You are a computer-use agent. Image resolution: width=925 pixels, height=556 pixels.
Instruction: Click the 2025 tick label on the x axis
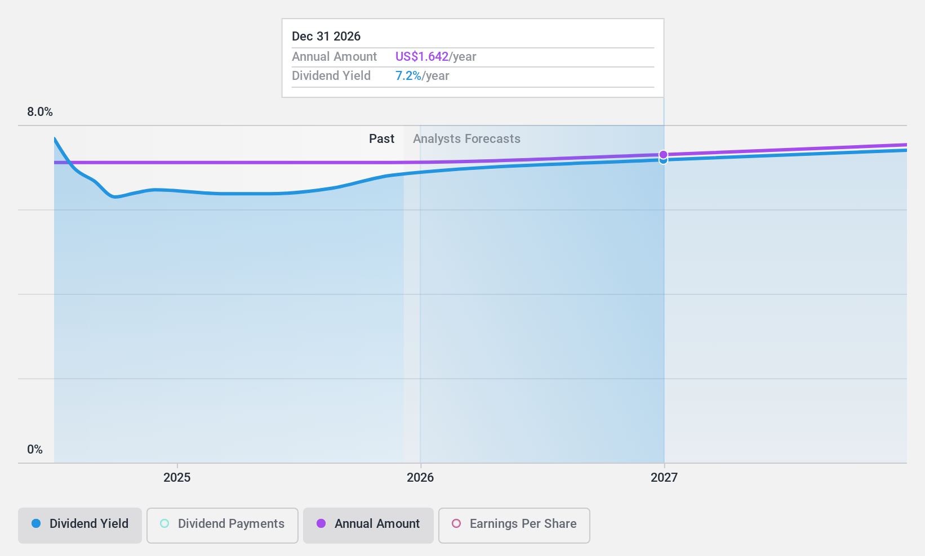[177, 477]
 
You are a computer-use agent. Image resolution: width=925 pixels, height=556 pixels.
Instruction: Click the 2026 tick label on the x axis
[420, 477]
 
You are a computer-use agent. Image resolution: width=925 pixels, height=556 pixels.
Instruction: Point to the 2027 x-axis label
[664, 477]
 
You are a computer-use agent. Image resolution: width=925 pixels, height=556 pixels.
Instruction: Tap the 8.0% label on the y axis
[40, 111]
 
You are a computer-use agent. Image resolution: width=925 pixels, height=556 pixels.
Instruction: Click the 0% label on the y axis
[35, 449]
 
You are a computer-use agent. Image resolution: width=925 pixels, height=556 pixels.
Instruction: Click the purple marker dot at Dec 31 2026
[664, 154]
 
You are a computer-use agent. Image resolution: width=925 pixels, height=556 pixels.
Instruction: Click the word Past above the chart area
[381, 138]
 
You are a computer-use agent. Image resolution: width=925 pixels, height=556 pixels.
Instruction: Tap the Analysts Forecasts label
[466, 138]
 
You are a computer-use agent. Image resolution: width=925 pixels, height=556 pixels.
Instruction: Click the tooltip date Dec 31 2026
[326, 36]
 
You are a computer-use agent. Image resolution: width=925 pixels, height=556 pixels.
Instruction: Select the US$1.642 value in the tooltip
[422, 56]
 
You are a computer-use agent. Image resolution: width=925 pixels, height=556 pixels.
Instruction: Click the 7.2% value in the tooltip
[408, 75]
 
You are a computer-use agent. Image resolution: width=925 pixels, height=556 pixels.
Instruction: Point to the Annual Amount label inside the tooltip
[334, 56]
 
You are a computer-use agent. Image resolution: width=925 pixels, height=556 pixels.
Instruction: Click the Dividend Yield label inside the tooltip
[331, 75]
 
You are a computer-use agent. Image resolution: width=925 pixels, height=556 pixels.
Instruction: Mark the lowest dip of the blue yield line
[115, 197]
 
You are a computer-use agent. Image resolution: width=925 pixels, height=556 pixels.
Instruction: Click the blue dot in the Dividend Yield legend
[36, 523]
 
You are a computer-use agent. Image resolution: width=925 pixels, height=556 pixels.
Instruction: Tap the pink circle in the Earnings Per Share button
[456, 523]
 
